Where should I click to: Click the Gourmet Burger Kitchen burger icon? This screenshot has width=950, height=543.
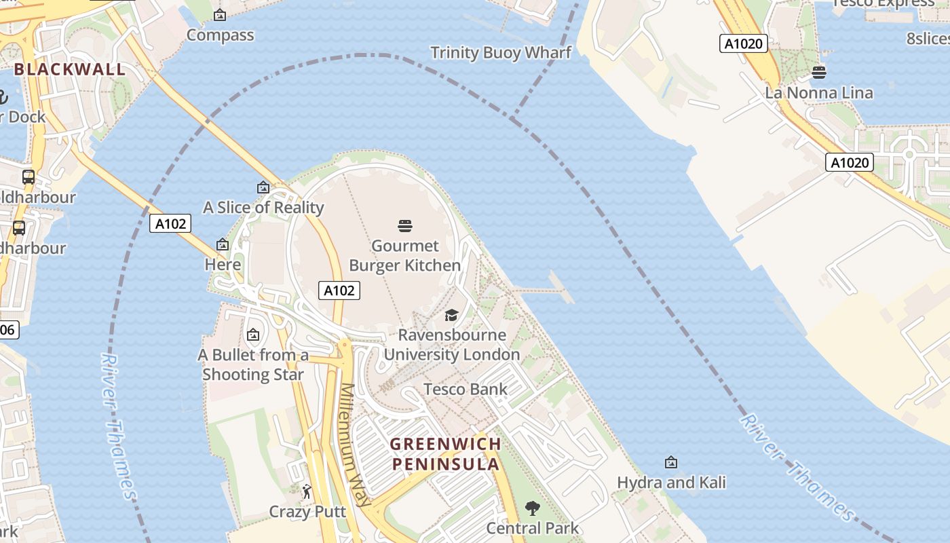(405, 225)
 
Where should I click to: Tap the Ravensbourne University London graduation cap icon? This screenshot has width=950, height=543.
(451, 315)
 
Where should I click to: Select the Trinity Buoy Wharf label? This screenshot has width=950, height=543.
(501, 52)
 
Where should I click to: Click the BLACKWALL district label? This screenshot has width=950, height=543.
(70, 69)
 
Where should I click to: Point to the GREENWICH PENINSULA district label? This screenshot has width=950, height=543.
(446, 454)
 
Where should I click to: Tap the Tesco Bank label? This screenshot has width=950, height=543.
(465, 389)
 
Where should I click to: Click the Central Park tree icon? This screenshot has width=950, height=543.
(532, 508)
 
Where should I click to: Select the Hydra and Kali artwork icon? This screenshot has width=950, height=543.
(671, 462)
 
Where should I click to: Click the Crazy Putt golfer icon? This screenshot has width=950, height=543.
(307, 491)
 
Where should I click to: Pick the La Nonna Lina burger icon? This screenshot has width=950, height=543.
(819, 73)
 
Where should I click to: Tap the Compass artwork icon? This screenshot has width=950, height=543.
(220, 15)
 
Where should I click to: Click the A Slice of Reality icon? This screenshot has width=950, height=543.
(263, 187)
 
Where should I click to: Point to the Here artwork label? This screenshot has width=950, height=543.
(223, 264)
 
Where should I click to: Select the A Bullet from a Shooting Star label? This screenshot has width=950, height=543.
(253, 364)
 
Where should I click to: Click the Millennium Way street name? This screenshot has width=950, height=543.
(356, 445)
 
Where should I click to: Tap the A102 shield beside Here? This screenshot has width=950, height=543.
(170, 223)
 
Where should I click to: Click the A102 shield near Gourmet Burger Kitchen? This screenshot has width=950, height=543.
(339, 291)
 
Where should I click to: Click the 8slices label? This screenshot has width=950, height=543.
(928, 38)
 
